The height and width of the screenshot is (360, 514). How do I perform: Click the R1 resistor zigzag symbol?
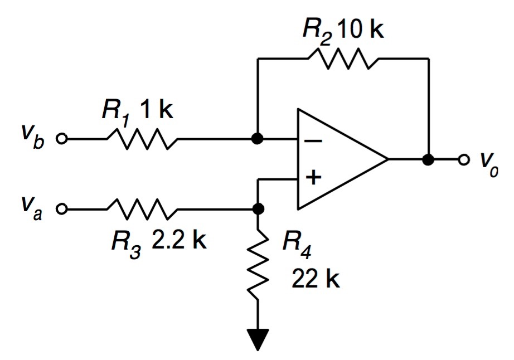pos(142,139)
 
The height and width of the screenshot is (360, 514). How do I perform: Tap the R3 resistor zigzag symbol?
pos(142,210)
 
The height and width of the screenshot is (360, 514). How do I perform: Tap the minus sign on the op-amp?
pos(314,140)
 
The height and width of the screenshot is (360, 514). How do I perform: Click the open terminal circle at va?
pos(62,210)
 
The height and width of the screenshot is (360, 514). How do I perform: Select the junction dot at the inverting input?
pos(258,139)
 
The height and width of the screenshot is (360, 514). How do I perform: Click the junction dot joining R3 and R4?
pos(258,210)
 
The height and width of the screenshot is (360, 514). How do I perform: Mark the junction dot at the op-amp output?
pos(428,160)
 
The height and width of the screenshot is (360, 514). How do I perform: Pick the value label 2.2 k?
pos(179,242)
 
